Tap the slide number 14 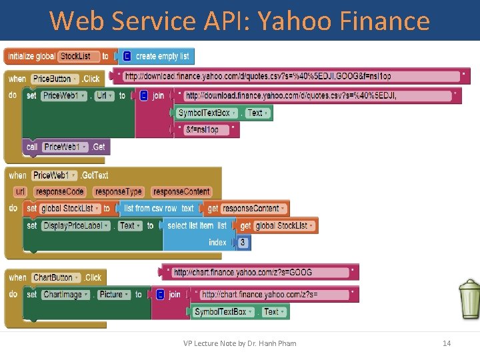447,343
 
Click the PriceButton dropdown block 55,79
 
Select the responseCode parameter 60,192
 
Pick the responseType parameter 119,192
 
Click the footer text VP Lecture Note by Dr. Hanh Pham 239,343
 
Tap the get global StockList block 276,226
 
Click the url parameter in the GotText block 19,192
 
